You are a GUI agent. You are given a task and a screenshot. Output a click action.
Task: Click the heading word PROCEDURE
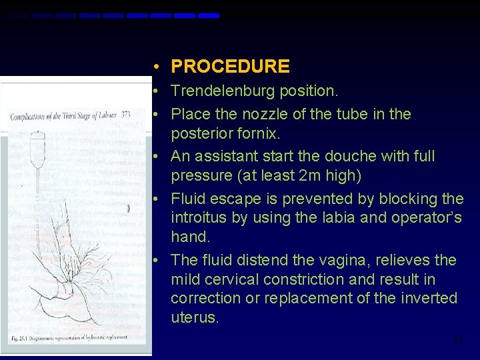(x=230, y=67)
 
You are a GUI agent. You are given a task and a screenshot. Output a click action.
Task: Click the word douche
(x=349, y=156)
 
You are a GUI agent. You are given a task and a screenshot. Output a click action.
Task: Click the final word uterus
(x=195, y=317)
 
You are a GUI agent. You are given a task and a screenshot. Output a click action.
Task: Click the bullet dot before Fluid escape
(x=154, y=199)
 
